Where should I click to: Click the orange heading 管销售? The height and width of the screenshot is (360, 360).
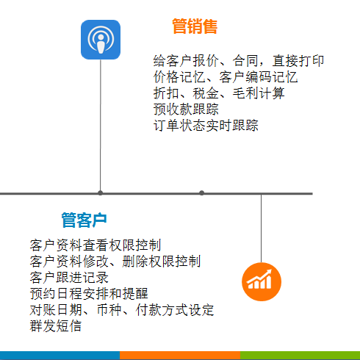[195, 26]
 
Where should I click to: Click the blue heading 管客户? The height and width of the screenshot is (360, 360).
[84, 220]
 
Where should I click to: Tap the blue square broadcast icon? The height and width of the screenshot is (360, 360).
[101, 40]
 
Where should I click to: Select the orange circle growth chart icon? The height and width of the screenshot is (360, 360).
[262, 281]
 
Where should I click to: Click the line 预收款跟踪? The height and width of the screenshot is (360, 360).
[186, 109]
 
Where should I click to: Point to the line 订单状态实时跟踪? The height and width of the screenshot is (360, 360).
[206, 126]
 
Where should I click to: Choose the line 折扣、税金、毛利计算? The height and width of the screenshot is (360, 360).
[219, 93]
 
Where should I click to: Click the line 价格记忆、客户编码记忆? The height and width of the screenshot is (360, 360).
[226, 77]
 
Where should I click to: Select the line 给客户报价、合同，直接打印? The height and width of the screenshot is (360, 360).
[239, 61]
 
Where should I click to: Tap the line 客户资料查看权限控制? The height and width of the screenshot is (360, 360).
[96, 245]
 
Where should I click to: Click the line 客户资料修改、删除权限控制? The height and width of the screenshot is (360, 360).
[115, 262]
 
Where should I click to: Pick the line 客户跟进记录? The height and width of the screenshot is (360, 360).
[69, 278]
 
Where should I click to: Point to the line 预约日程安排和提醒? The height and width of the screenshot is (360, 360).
[89, 294]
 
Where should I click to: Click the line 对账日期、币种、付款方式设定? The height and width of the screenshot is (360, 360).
[122, 310]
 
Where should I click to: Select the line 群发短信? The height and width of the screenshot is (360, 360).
[56, 326]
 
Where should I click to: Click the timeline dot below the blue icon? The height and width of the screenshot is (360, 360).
[100, 192]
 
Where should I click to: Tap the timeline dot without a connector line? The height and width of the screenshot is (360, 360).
[201, 192]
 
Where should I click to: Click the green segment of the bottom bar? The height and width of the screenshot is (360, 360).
[300, 356]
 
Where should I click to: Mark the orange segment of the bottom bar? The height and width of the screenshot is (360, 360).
[180, 356]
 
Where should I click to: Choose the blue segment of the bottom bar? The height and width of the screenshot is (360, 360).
[60, 356]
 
